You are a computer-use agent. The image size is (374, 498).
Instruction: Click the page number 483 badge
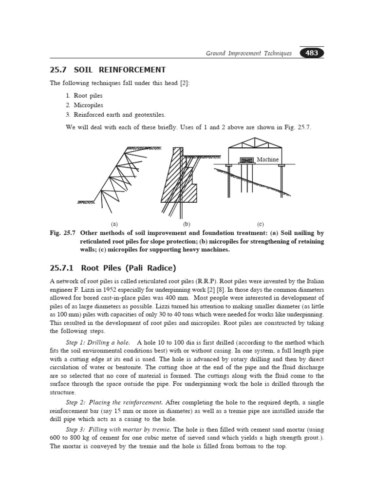point(312,53)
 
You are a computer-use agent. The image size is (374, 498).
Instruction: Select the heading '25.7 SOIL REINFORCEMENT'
point(108,70)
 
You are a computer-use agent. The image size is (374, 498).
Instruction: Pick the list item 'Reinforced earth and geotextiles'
point(119,115)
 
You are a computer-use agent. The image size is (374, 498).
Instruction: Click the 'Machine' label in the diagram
point(268,160)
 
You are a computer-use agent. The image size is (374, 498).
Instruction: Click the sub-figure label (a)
point(115,224)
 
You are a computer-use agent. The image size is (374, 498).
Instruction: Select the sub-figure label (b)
point(186,224)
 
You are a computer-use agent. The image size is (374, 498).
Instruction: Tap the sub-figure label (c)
point(259,224)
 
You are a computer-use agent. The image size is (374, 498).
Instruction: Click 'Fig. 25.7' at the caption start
point(62,233)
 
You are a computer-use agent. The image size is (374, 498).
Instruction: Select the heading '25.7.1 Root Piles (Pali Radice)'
point(112,268)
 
